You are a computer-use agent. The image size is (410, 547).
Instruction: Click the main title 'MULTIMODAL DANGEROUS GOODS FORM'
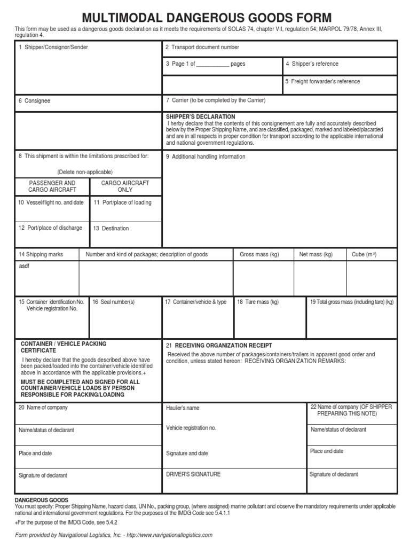(x=206, y=17)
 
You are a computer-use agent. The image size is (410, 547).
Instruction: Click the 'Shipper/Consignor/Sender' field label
(x=53, y=48)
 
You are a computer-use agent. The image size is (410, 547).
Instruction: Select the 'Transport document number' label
(x=202, y=48)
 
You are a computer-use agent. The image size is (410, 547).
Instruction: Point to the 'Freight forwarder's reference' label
(x=322, y=82)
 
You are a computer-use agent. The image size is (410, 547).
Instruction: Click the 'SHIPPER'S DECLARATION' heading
(x=200, y=116)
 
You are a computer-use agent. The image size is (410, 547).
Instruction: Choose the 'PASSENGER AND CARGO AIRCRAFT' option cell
(x=52, y=186)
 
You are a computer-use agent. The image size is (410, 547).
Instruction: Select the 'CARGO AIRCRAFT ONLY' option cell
(x=125, y=186)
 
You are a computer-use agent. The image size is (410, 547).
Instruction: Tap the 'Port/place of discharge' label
(x=51, y=228)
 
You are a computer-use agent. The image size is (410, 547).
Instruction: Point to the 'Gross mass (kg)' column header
(x=259, y=255)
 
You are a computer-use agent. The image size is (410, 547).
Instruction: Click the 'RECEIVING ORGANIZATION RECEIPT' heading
(x=219, y=346)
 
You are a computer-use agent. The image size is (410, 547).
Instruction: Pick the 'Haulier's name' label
(x=183, y=408)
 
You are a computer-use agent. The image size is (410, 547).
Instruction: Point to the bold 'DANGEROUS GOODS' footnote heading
(x=41, y=501)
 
